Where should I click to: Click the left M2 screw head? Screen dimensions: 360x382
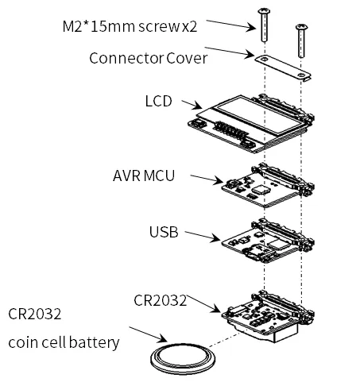click(x=264, y=11)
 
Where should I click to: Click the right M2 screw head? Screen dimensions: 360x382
click(x=301, y=26)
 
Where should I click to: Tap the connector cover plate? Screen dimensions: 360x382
click(x=282, y=67)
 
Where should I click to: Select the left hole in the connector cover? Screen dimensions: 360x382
click(x=264, y=60)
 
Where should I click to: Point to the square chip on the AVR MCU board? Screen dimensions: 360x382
click(x=261, y=189)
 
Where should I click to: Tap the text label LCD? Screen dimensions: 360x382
click(x=158, y=101)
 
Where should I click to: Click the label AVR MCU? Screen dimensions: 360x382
click(x=144, y=176)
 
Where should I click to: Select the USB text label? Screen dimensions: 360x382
click(x=164, y=232)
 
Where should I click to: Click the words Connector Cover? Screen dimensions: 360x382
click(x=148, y=58)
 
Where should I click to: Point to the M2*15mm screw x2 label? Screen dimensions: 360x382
click(x=130, y=26)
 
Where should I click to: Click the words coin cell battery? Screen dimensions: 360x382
click(x=64, y=342)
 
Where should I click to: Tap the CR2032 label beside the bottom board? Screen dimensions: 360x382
click(x=160, y=300)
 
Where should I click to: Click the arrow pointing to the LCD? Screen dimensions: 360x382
click(x=192, y=104)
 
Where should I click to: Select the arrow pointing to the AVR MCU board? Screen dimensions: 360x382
click(x=207, y=179)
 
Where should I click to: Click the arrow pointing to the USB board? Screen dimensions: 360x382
click(x=203, y=236)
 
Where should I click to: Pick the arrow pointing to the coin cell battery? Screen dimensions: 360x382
click(x=148, y=334)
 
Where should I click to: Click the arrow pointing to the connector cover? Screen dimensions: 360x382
click(x=230, y=52)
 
